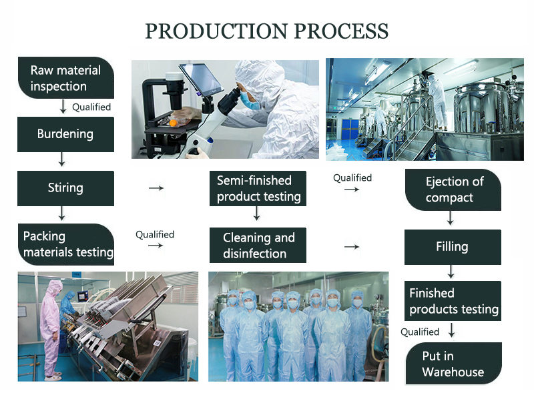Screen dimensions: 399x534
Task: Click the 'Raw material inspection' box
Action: [x=65, y=78]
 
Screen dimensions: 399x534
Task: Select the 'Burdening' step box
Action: [x=65, y=133]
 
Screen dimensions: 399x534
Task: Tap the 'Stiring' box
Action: [x=65, y=187]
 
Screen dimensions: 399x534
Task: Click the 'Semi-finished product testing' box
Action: [x=258, y=188]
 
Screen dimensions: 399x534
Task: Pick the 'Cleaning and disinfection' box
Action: [x=258, y=246]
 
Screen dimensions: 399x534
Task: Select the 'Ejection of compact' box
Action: [x=453, y=189]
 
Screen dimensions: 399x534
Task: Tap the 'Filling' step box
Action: [x=453, y=246]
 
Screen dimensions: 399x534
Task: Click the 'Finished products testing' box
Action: [x=453, y=301]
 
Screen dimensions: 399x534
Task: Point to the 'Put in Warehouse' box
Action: [x=453, y=364]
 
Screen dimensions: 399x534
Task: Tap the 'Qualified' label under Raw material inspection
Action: [x=91, y=107]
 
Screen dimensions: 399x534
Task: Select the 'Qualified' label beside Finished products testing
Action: [x=420, y=332]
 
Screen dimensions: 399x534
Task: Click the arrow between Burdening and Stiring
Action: [x=62, y=159]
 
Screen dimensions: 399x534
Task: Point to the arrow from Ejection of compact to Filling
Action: [x=451, y=218]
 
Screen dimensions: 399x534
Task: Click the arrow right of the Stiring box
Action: [x=156, y=188]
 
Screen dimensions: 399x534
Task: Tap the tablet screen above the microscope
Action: [x=200, y=77]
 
